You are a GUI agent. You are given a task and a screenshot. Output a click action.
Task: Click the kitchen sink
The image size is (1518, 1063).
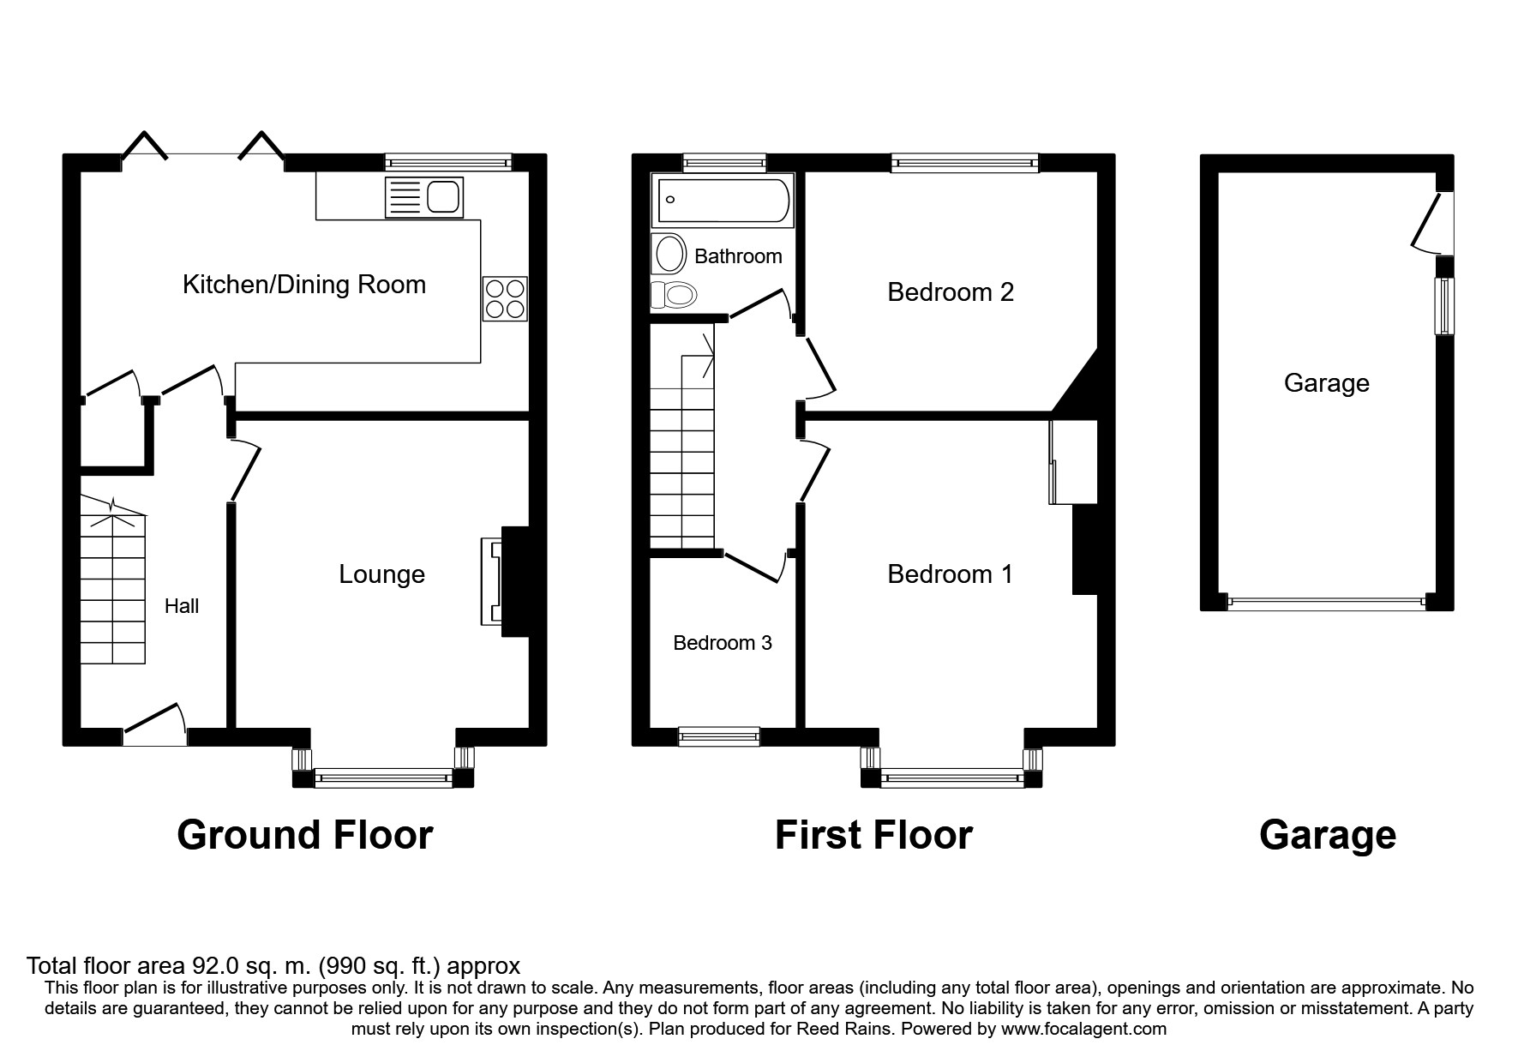(x=425, y=196)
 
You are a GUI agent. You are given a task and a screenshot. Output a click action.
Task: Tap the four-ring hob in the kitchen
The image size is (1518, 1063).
(x=505, y=299)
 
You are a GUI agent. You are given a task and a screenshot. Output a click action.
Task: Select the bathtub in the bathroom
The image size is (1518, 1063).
(x=723, y=200)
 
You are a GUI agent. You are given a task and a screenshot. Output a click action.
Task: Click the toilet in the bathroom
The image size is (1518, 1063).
(x=674, y=296)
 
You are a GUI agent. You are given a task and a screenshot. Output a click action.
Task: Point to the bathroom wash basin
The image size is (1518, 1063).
(x=670, y=255)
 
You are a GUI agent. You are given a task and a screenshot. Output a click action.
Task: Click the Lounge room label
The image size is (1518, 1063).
(x=381, y=574)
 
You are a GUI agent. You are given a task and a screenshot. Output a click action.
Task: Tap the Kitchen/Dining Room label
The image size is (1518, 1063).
(x=304, y=285)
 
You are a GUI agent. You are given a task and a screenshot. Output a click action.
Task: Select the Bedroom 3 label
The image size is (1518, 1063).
(x=723, y=643)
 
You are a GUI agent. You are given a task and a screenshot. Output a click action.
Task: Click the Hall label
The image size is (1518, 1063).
(x=182, y=607)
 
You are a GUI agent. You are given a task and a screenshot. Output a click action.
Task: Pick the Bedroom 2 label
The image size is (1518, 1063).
(x=951, y=292)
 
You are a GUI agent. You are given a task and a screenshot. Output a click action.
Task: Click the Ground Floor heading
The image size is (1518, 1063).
(x=304, y=835)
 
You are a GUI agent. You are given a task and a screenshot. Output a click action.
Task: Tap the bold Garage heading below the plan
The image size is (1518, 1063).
(x=1327, y=835)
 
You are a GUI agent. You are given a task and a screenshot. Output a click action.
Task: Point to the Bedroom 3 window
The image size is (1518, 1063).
(x=718, y=736)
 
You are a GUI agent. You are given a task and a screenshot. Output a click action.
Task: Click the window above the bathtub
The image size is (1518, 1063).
(x=724, y=162)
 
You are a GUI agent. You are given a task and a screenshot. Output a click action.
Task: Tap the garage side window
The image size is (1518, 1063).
(x=1445, y=306)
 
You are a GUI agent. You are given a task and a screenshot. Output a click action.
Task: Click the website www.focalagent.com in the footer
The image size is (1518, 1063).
(x=1083, y=1029)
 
